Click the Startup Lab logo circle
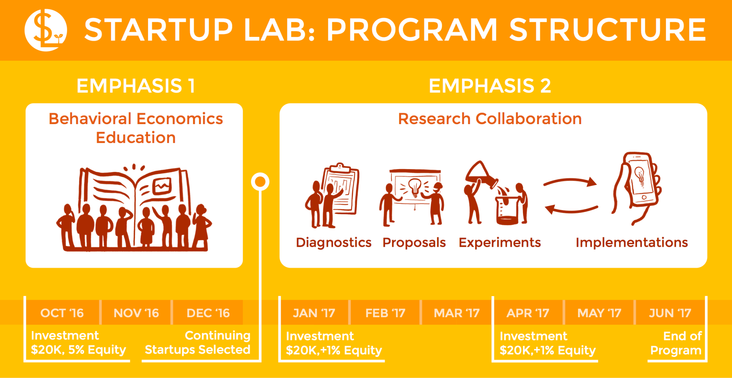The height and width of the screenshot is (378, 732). point(45,30)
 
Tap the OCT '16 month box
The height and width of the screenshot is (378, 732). point(62,313)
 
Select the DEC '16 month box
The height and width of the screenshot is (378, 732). point(208,313)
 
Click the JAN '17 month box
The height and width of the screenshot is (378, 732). point(314,313)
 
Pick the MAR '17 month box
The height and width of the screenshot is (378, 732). point(456,313)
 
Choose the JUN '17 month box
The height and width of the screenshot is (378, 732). point(670,313)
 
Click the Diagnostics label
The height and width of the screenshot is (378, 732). point(333,242)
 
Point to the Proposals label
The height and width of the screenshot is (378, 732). point(414,242)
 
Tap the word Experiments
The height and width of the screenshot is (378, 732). point(499,242)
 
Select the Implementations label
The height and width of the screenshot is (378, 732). point(632,242)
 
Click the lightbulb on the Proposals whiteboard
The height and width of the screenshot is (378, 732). point(415,186)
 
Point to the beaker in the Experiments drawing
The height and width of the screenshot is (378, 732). point(507,211)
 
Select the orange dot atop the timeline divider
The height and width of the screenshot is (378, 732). point(260,182)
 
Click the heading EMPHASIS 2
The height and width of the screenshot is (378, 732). point(490,86)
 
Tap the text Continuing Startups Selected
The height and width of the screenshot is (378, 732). point(198,343)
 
